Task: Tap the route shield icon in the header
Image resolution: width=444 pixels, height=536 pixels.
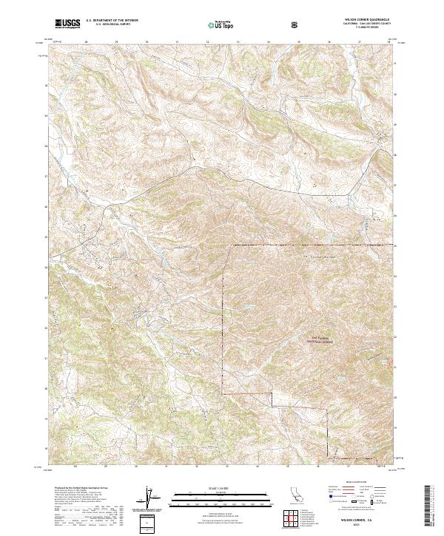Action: (x=295, y=24)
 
